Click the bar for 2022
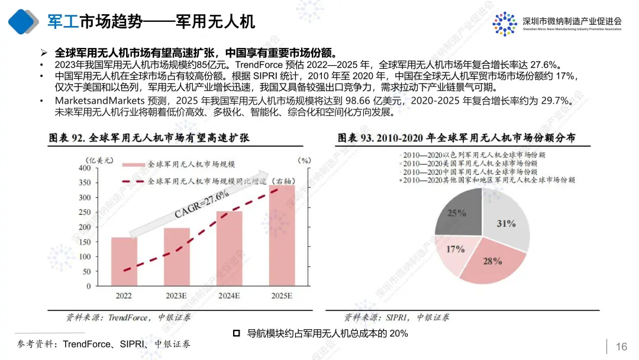(x=124, y=261)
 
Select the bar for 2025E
(x=281, y=235)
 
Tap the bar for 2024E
(x=229, y=249)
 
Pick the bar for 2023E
(x=177, y=256)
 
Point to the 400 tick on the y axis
(x=85, y=168)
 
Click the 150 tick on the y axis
(x=85, y=242)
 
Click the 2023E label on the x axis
(x=177, y=295)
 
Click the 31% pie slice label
(x=506, y=224)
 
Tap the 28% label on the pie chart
(x=493, y=261)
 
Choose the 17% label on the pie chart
(x=455, y=249)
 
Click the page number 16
(x=621, y=346)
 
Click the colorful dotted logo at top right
(x=504, y=23)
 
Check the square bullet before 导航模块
(x=237, y=333)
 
